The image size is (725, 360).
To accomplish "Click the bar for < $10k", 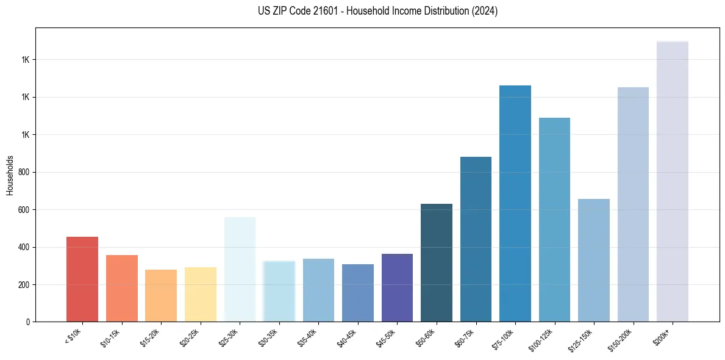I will coord(82,279).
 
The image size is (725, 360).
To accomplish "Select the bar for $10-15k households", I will coord(121,288).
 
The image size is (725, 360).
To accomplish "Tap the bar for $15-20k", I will coord(161,295).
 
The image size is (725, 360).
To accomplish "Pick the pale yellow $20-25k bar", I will coord(200,294).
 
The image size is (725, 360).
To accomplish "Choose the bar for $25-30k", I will coord(240,269).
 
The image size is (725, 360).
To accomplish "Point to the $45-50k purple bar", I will coord(397,287).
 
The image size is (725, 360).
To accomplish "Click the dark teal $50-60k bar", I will coord(437,262).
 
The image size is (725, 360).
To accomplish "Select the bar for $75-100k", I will coord(515,203).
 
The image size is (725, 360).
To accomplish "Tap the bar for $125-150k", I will coord(594,260).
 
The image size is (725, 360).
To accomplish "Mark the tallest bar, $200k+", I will coord(673,181).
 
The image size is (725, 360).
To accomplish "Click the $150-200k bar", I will coord(633,204).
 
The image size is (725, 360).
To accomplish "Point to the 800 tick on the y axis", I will coord(24,172).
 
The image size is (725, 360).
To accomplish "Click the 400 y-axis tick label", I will coord(24,247).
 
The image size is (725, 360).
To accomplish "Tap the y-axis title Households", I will coord(10,175).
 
